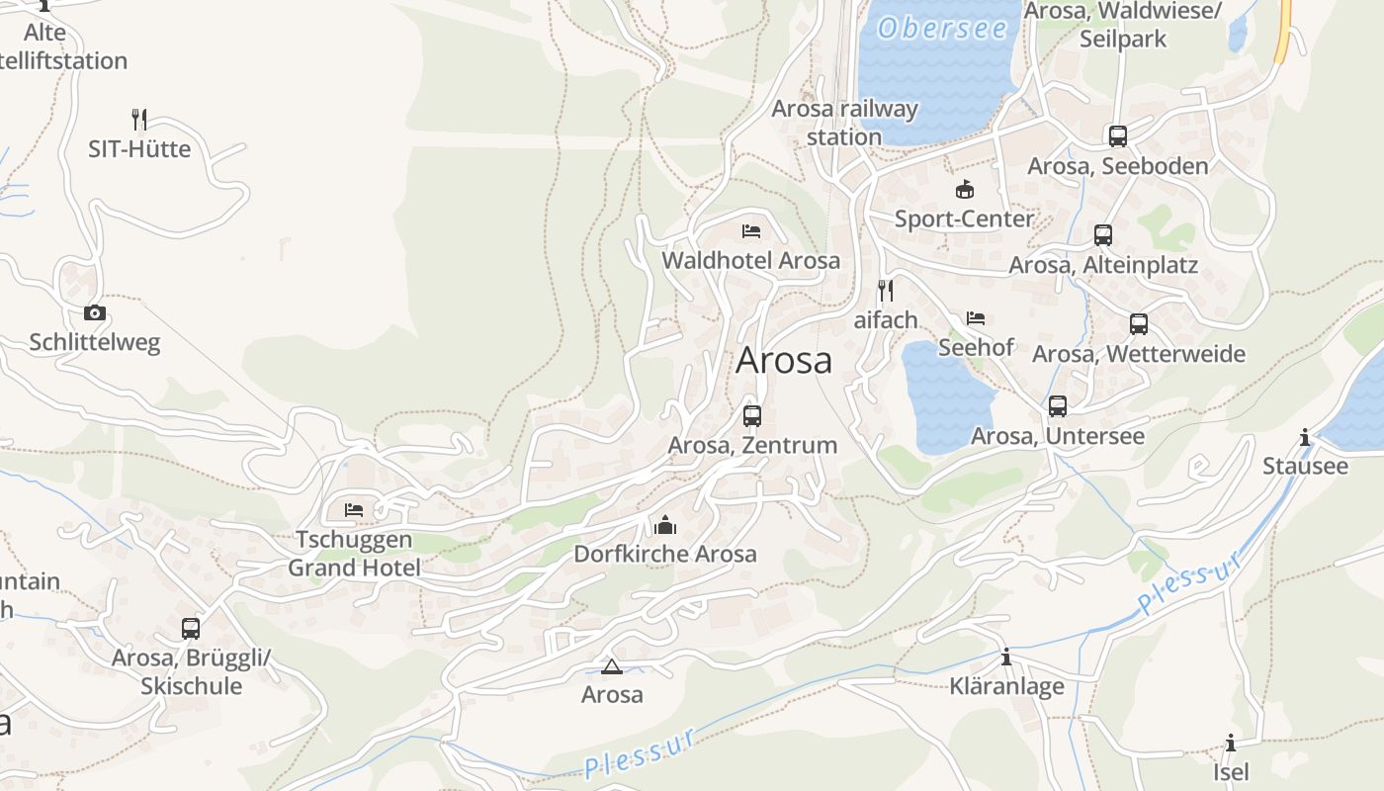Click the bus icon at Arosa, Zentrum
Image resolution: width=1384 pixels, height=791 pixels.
point(752,415)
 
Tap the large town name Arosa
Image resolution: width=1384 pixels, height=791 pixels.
point(784,361)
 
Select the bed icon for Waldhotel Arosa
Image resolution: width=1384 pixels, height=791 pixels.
point(751,231)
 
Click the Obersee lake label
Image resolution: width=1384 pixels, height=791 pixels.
point(942,29)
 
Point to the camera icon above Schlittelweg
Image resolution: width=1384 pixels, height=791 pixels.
point(95,313)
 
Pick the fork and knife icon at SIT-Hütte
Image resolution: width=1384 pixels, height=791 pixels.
point(139,120)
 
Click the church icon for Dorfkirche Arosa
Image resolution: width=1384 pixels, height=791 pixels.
point(665,524)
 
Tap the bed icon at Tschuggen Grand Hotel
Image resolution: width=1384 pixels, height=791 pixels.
point(354,510)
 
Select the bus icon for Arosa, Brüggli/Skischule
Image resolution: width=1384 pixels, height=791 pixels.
point(191,628)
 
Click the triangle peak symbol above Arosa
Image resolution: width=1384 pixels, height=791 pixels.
point(611,666)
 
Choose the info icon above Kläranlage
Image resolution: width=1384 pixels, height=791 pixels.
point(1006,657)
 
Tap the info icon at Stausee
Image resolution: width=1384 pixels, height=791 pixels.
point(1305,437)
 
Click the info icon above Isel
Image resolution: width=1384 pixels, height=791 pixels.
point(1231,743)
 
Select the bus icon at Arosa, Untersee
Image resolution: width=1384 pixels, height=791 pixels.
point(1058,406)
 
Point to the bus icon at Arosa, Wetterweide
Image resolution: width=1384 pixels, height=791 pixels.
point(1139,324)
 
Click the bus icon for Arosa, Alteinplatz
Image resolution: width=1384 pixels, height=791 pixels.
point(1103,235)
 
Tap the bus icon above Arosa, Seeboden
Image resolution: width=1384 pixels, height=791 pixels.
point(1118,136)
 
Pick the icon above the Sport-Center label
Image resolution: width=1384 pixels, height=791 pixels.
point(964,189)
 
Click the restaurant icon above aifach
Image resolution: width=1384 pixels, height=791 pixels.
point(886,291)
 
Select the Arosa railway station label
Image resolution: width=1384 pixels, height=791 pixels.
point(844,123)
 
